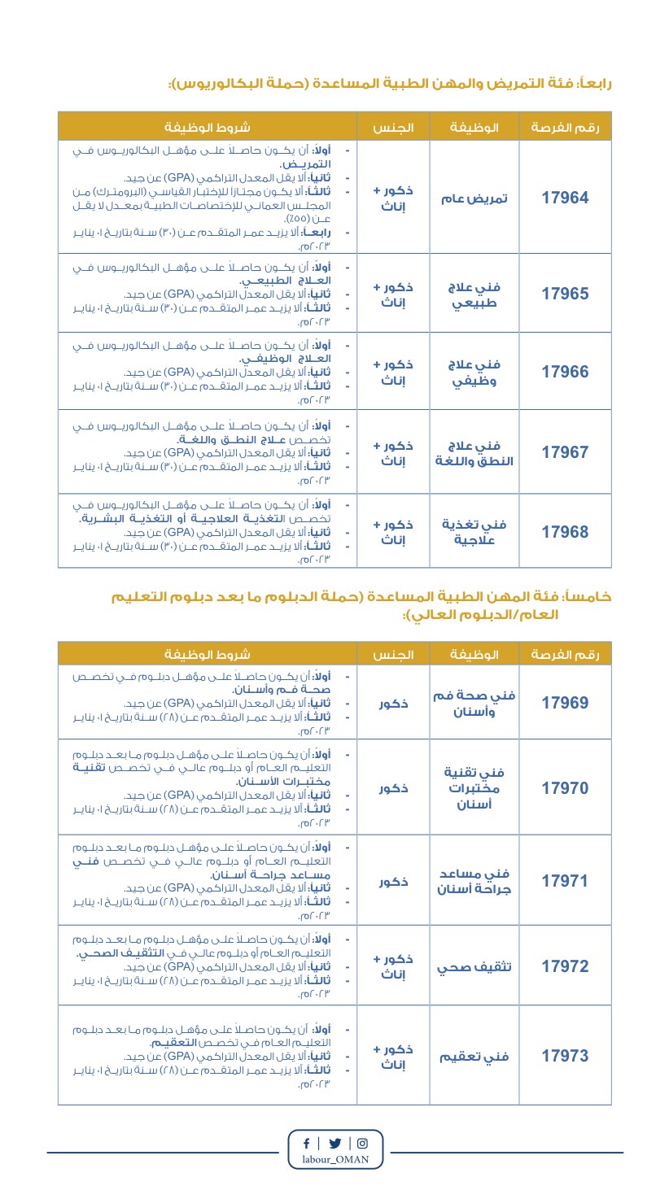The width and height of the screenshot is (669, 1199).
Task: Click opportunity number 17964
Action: tap(565, 198)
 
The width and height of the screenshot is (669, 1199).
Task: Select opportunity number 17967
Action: tap(565, 452)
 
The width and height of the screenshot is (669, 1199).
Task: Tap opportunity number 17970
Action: tap(565, 787)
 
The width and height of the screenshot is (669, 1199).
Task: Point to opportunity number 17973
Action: tap(565, 1056)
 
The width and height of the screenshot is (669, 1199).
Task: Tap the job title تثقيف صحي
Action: tap(474, 967)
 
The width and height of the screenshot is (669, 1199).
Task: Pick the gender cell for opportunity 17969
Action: tap(393, 704)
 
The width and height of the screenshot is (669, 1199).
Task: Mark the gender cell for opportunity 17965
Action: tap(393, 294)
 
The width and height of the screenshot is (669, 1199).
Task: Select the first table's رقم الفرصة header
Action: tap(565, 128)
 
